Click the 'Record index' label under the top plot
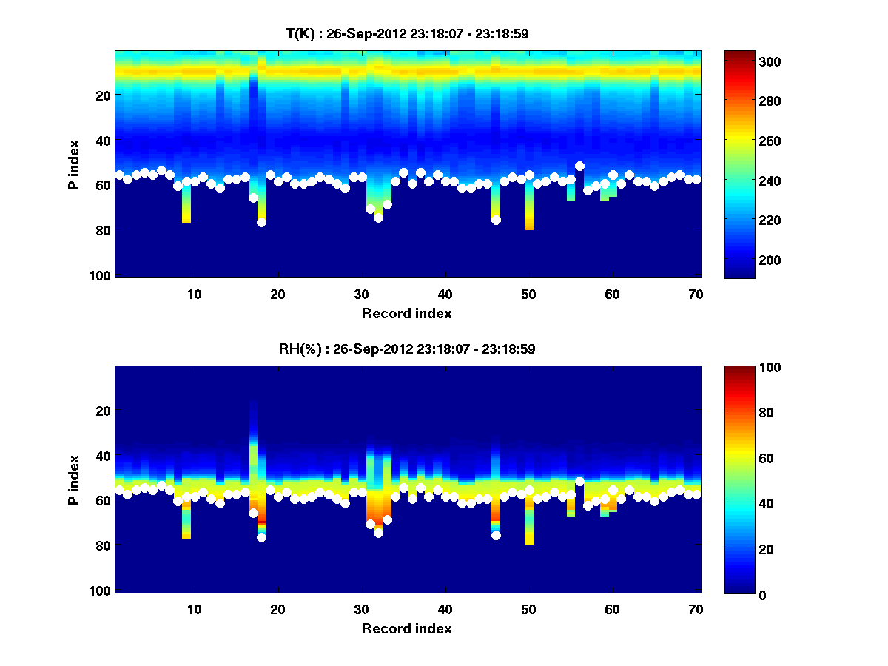point(406,313)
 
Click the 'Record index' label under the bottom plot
point(406,628)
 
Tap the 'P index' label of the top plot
point(75,164)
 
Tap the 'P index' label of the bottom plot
point(75,480)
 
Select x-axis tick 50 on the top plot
point(528,294)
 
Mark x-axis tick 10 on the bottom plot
point(194,609)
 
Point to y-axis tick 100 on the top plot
point(102,275)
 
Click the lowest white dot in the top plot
point(261,222)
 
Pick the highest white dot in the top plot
point(579,166)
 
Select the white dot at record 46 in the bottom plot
point(496,535)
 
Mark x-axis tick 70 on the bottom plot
point(696,609)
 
